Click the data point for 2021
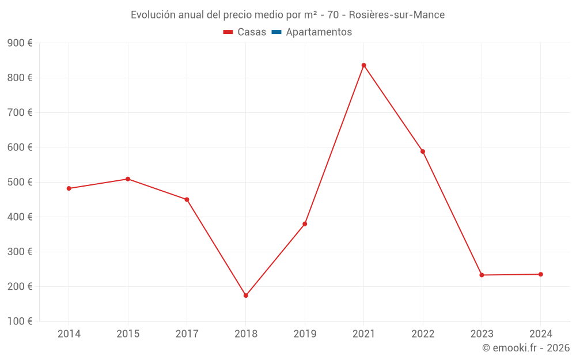pos(363,65)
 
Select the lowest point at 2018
pos(246,295)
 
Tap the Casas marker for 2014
pos(69,188)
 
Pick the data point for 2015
pos(128,179)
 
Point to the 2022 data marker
pos(423,151)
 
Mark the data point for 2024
pos(540,274)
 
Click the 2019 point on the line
pos(305,223)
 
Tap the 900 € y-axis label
pos(20,43)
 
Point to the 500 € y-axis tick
pos(20,182)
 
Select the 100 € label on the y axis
pos(20,321)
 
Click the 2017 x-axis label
pos(187,334)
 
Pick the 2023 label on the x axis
pos(482,334)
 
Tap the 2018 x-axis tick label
pos(246,334)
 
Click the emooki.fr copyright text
pos(525,348)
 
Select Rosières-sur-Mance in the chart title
pos(397,15)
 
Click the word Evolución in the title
pos(153,15)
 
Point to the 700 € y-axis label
pos(20,112)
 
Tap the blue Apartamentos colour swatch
pos(276,32)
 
